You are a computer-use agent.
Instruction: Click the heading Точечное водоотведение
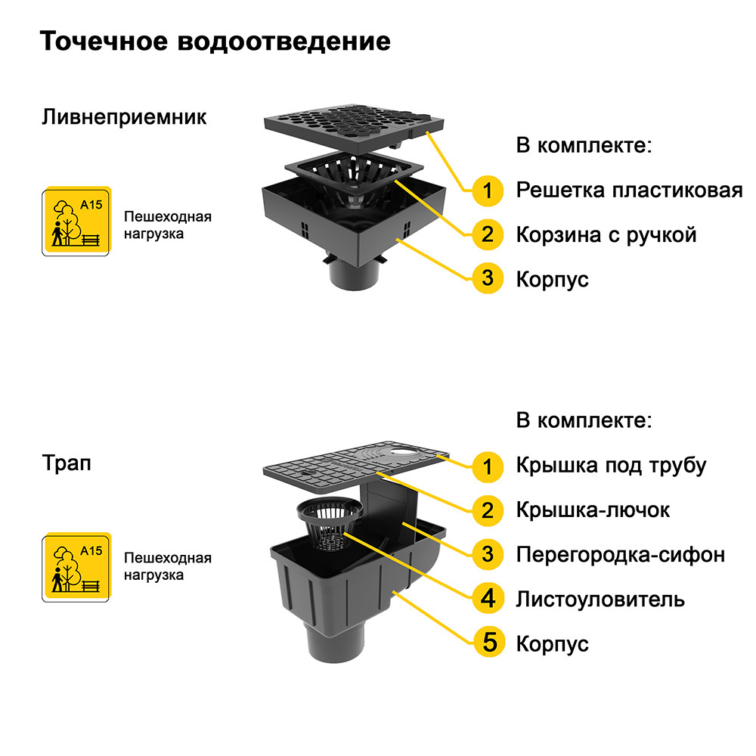click(x=215, y=42)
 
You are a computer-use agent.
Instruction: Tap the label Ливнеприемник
click(x=124, y=117)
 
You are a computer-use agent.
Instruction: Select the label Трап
click(x=67, y=463)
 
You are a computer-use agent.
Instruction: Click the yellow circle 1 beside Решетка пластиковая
click(x=488, y=191)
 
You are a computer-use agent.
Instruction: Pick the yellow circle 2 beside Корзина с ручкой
click(x=488, y=235)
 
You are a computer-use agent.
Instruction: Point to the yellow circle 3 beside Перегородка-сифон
click(x=488, y=554)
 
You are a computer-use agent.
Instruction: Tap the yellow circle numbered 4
click(x=488, y=598)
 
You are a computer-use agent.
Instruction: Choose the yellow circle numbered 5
click(x=489, y=642)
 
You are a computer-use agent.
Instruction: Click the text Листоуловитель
click(x=600, y=600)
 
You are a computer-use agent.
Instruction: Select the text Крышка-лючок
click(x=593, y=510)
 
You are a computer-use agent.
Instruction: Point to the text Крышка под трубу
click(x=611, y=466)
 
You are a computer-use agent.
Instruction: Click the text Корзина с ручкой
click(x=606, y=235)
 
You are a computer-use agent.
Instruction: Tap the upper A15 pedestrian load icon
click(x=76, y=221)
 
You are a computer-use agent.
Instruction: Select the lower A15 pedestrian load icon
click(x=76, y=567)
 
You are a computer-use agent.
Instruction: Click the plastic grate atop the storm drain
click(x=355, y=126)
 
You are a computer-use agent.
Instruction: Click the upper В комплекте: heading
click(x=584, y=145)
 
